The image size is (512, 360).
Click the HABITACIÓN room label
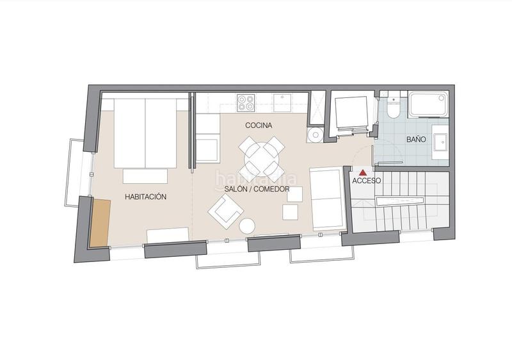point(146,197)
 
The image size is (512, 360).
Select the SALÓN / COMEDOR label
point(257,190)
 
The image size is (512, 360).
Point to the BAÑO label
point(417,139)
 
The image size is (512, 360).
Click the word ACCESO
point(366,181)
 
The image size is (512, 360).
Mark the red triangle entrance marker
point(363,172)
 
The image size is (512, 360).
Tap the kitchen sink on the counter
point(281,101)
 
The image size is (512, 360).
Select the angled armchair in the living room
point(224,211)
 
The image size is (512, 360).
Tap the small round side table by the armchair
point(247,225)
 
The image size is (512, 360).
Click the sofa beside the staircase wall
point(326,199)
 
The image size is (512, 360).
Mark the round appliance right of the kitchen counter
point(314,135)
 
